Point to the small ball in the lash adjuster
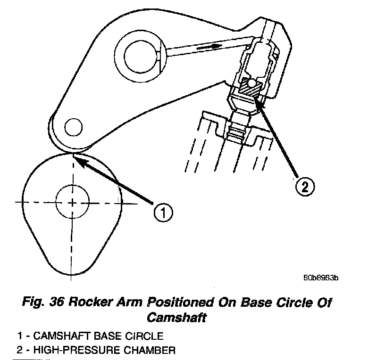(x=253, y=83)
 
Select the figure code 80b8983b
(x=320, y=278)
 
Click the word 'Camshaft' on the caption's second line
(x=176, y=317)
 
